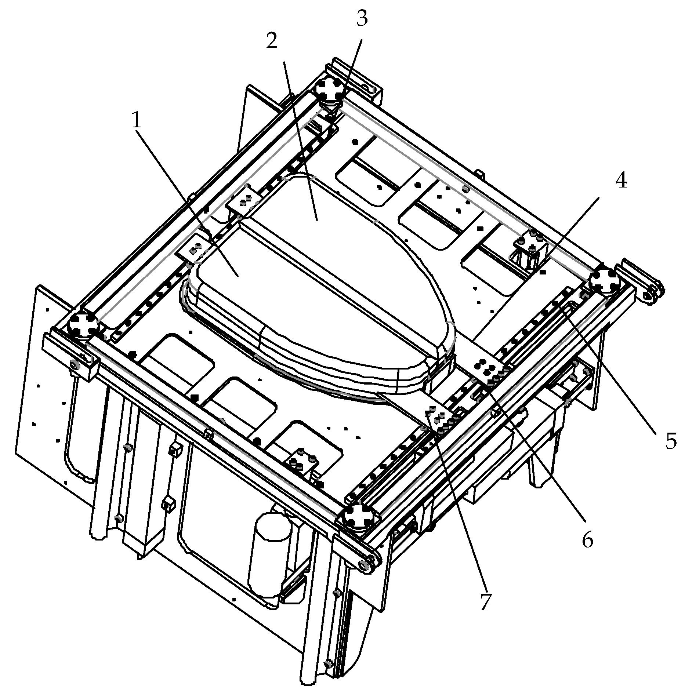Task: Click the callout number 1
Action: point(137,120)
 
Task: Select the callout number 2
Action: point(272,41)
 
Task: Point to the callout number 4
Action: point(621,181)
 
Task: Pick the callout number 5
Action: point(671,441)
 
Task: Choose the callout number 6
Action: point(587,541)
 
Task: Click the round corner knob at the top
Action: point(330,89)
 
